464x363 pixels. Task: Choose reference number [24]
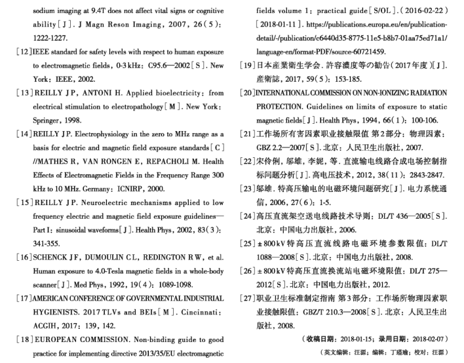[x=247, y=216]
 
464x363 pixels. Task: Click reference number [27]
[x=247, y=297]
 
